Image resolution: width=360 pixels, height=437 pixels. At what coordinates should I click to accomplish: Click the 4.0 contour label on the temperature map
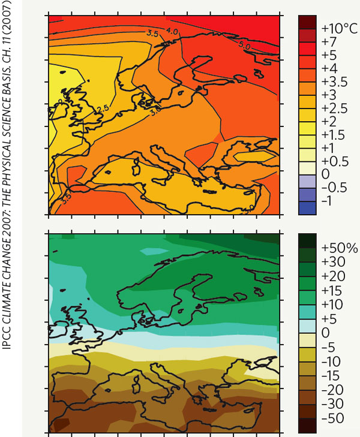(172, 31)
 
